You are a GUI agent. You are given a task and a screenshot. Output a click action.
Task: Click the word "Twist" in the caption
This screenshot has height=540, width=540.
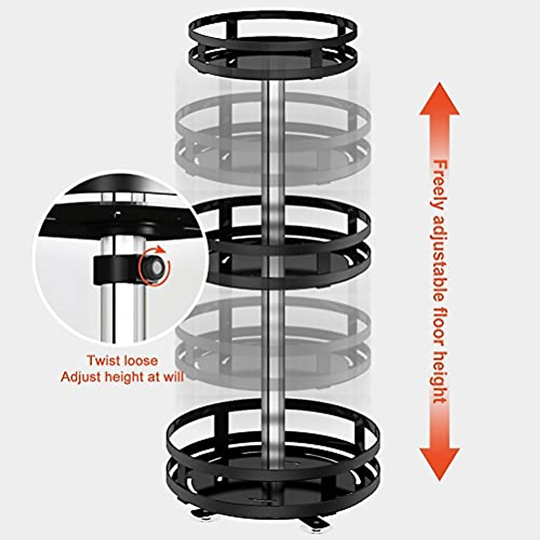coord(103,361)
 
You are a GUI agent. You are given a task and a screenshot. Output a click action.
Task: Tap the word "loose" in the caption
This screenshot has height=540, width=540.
coord(139,361)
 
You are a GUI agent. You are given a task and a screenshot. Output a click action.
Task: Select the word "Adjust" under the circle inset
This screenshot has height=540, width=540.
coord(81,376)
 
